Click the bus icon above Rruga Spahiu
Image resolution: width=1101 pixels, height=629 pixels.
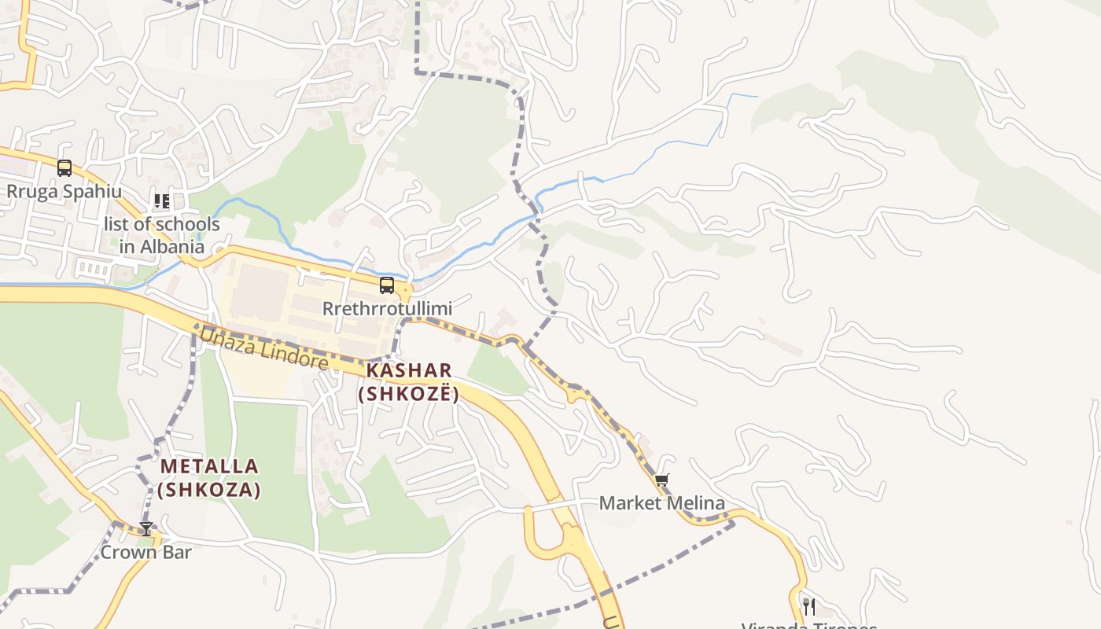(x=64, y=167)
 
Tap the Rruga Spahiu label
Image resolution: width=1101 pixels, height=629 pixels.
(x=64, y=191)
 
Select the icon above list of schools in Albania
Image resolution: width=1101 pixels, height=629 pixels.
(x=162, y=201)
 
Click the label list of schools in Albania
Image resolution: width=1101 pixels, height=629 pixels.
(x=162, y=235)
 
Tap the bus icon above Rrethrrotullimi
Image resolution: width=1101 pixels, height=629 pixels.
(x=386, y=285)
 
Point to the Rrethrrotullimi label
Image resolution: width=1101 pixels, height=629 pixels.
(x=387, y=309)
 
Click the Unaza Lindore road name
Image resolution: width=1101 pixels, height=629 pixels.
(x=263, y=348)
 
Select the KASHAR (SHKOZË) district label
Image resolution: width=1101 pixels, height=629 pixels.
(x=408, y=381)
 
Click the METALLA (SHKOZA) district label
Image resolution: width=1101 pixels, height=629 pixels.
(x=209, y=478)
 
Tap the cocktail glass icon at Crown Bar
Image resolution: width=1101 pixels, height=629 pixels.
(x=145, y=528)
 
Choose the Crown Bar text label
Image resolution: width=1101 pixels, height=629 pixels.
(x=145, y=552)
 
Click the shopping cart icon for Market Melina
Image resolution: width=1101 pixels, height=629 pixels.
(x=661, y=480)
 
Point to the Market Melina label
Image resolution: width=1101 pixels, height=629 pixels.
(x=661, y=503)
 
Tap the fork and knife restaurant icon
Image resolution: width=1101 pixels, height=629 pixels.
(x=808, y=606)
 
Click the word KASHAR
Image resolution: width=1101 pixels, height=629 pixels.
(x=408, y=370)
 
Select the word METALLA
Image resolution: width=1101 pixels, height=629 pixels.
(x=209, y=466)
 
